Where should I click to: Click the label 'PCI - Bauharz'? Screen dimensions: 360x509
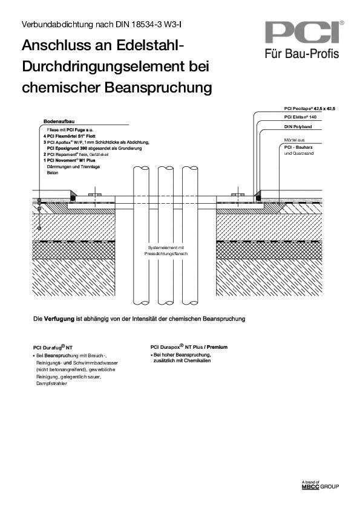pos(299,147)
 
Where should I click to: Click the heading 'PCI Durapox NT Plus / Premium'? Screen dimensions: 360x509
pos(189,347)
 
